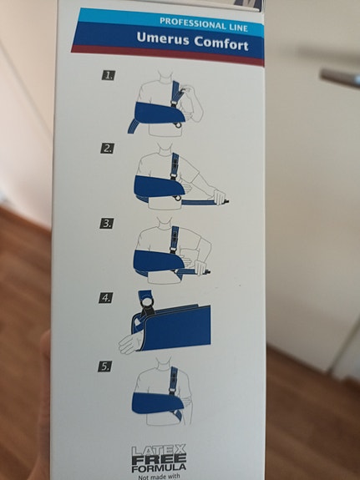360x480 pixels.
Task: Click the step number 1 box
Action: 109,75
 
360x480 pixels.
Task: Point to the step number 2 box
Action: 108,149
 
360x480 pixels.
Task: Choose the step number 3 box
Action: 107,223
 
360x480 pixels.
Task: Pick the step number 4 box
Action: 106,297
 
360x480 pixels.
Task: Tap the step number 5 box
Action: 106,365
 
